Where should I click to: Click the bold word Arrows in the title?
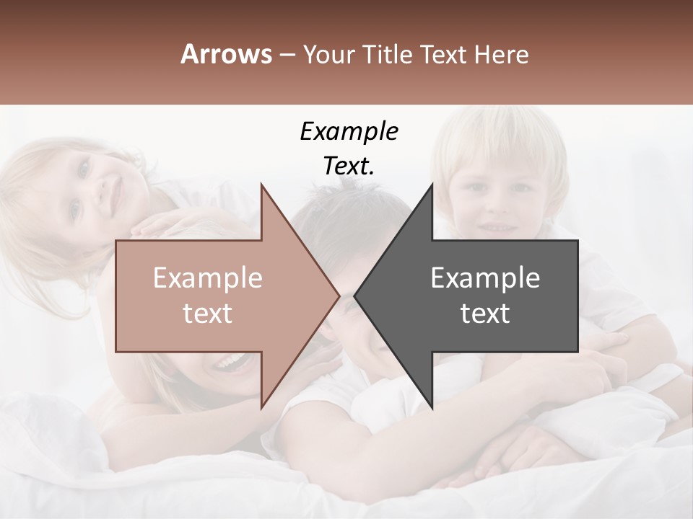pos(227,54)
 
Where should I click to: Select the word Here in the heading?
pos(501,54)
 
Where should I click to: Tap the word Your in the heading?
pos(329,54)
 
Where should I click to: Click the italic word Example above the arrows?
pos(349,131)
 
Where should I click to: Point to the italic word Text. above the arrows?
pos(349,166)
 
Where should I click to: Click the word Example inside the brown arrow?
pos(208,278)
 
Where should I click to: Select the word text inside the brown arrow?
pos(208,314)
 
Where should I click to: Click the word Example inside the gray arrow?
pos(485,278)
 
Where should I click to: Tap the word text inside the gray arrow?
pos(485,314)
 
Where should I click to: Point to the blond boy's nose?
pos(497,205)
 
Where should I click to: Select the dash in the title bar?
pos(287,56)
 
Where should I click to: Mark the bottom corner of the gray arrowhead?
pos(432,407)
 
